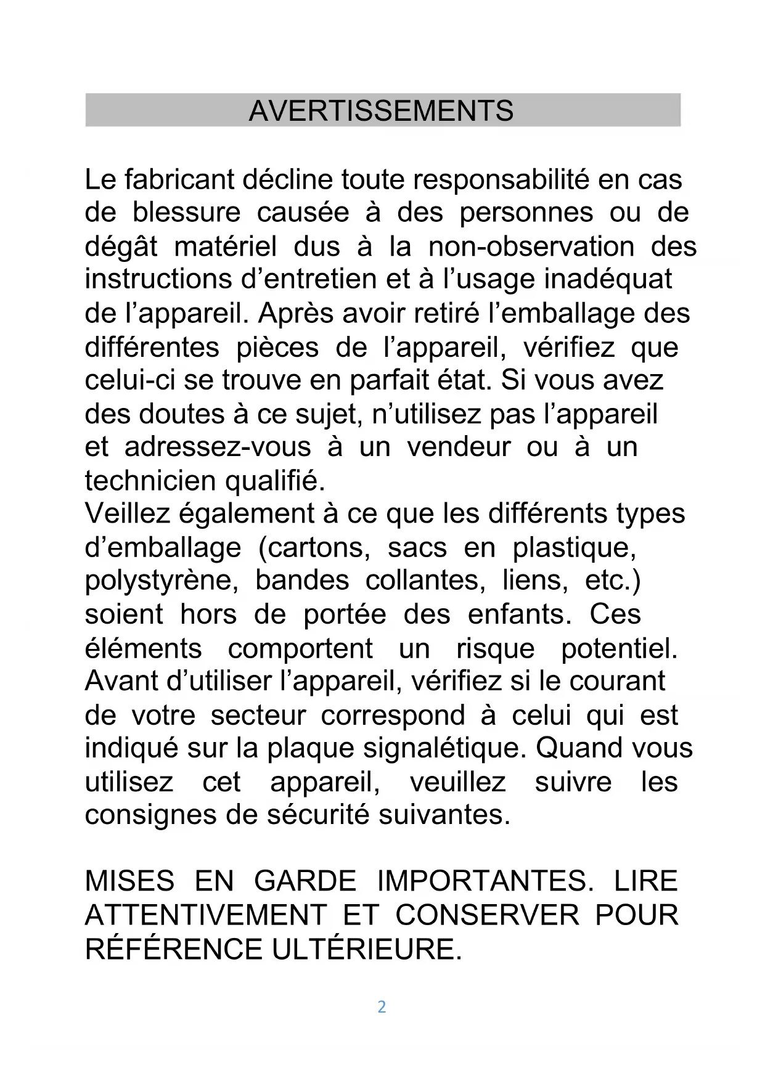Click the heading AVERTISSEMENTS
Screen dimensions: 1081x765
coord(381,111)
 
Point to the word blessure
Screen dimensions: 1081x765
coord(186,213)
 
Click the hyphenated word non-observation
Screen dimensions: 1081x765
coord(531,247)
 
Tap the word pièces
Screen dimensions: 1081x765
coord(277,348)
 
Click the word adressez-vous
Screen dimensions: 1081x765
coord(218,447)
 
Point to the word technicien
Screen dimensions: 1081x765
coord(150,481)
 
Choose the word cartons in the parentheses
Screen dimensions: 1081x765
coord(314,547)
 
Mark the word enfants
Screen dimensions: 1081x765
coord(520,614)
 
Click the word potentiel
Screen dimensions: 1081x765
coord(619,648)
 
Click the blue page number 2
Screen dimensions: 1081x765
coord(382,1007)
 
